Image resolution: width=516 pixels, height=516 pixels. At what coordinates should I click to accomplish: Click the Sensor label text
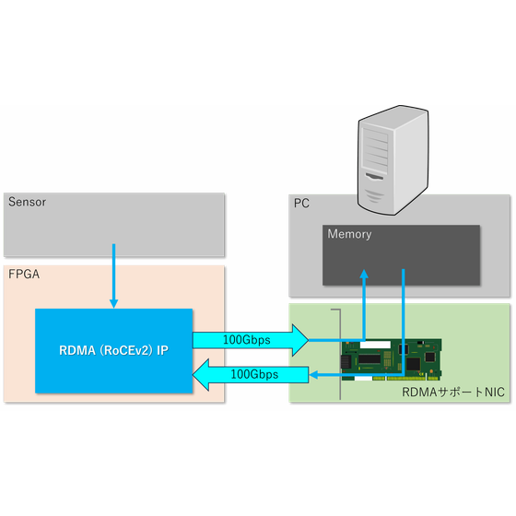pos(27,202)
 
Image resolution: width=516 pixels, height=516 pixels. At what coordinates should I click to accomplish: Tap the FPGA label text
pos(24,275)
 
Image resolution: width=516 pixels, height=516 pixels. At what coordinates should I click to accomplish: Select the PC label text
pos(301,204)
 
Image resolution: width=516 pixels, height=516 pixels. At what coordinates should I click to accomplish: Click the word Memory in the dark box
pos(349,234)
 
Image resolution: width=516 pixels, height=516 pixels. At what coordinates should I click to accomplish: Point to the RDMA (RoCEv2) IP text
pos(114,350)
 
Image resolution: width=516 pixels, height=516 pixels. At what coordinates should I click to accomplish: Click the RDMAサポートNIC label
pos(453,392)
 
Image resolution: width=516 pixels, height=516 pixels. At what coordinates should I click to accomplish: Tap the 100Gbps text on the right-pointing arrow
pos(247,340)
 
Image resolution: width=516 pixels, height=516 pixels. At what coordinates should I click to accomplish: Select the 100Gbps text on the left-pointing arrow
pos(254,374)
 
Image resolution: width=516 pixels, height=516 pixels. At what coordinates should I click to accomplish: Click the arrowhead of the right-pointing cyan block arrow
pos(300,340)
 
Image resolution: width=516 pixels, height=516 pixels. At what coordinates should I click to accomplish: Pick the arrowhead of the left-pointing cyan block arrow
pos(201,375)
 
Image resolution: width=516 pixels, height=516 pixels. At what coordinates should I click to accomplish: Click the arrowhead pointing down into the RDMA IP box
pos(114,303)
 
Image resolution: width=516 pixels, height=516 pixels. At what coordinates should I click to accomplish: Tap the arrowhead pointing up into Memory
pos(364,274)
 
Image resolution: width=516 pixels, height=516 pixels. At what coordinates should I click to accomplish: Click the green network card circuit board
pos(392,360)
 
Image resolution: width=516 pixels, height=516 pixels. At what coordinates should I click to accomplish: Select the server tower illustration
pos(393,160)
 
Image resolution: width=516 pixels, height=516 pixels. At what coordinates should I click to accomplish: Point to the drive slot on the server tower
pos(375,177)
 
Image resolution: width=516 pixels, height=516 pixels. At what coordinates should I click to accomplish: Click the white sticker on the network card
pos(375,345)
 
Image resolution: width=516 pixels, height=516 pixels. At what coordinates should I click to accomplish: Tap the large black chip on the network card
pos(369,358)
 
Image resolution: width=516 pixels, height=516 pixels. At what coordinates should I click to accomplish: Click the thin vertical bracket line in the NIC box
pos(340,355)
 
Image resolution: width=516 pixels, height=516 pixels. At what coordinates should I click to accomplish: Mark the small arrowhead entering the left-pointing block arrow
pos(313,375)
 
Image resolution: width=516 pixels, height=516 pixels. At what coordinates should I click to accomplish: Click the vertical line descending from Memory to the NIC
pos(404,322)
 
